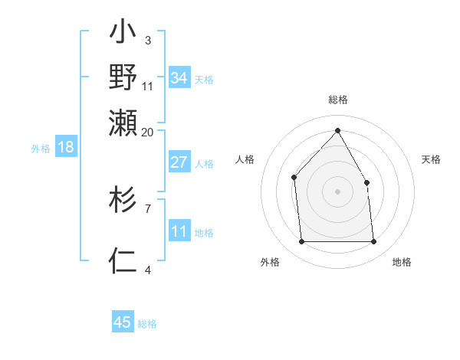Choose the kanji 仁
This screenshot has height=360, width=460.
pyautogui.click(x=123, y=261)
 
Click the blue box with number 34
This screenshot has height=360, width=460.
pyautogui.click(x=179, y=78)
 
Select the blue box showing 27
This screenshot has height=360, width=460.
pyautogui.click(x=179, y=162)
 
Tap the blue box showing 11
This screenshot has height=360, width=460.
pyautogui.click(x=179, y=231)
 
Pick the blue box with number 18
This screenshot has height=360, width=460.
pyautogui.click(x=66, y=147)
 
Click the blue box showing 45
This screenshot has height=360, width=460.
pyautogui.click(x=123, y=322)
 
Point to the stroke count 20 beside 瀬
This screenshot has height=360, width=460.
pyautogui.click(x=147, y=132)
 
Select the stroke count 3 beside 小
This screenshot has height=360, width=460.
pyautogui.click(x=148, y=41)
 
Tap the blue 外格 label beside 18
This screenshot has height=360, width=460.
pyautogui.click(x=41, y=149)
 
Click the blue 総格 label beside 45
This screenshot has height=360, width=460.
pyautogui.click(x=147, y=324)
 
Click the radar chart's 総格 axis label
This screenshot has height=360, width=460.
pyautogui.click(x=337, y=100)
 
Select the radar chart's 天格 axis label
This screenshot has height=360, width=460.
pyautogui.click(x=431, y=159)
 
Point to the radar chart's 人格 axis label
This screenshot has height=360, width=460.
pyautogui.click(x=245, y=159)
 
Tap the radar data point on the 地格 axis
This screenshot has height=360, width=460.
pyautogui.click(x=373, y=242)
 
